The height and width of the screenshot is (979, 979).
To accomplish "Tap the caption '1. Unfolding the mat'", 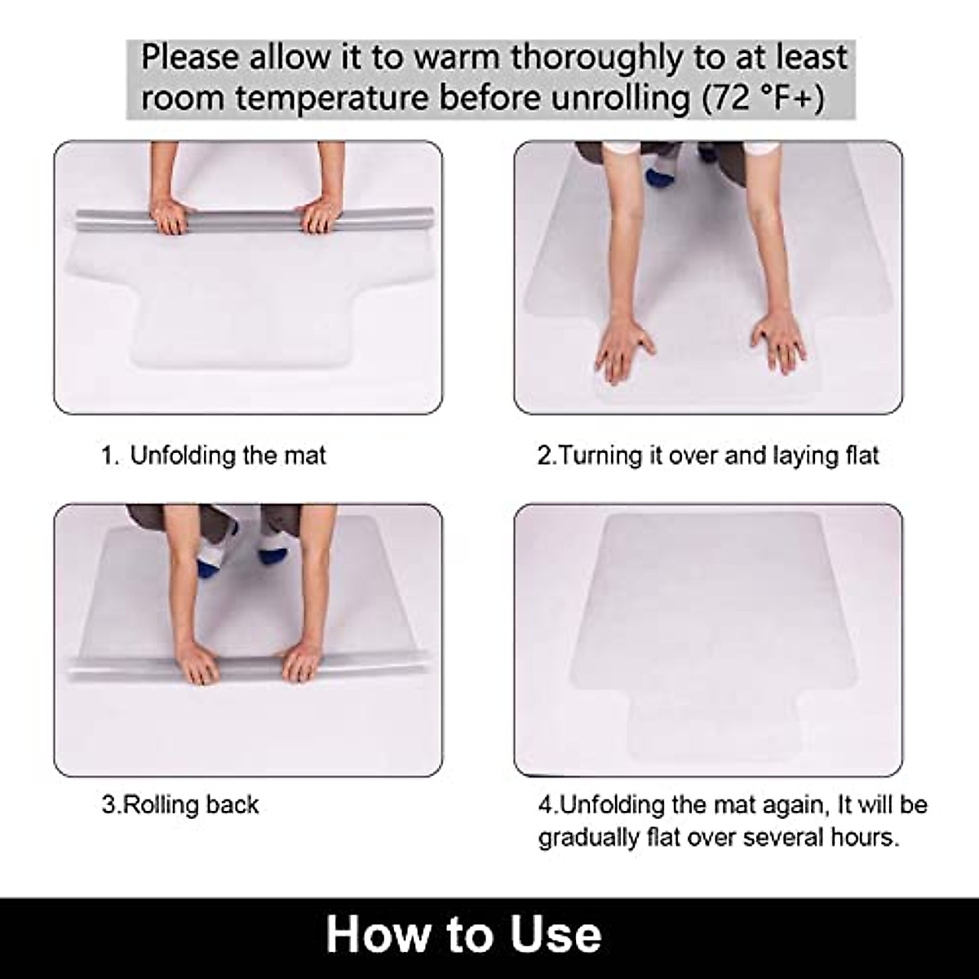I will tap(213, 455).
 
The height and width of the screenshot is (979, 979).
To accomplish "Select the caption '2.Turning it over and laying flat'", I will tap(708, 455).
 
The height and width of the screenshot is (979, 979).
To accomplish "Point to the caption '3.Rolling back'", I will tap(180, 804).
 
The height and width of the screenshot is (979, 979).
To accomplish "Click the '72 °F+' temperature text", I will tap(762, 98).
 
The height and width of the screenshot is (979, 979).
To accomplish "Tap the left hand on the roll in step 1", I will tap(172, 217).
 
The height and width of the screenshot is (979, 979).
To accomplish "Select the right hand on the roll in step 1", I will tap(320, 217).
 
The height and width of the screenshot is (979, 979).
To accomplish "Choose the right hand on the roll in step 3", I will tap(302, 658).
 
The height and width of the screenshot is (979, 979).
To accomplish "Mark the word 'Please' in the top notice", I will tap(190, 58).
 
